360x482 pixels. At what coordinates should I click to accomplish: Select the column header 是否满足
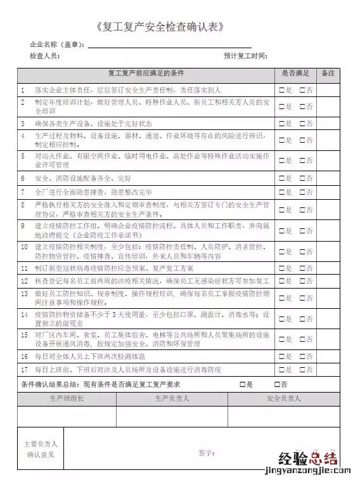(295, 74)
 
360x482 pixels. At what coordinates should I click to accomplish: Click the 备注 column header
(328, 74)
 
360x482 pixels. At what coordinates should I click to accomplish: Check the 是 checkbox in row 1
(281, 90)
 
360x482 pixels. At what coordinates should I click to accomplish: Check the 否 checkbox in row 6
(302, 179)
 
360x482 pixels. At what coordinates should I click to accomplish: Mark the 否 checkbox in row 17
(302, 369)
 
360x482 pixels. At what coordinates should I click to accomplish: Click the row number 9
(23, 225)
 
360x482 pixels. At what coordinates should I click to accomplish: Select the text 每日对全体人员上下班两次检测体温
(88, 356)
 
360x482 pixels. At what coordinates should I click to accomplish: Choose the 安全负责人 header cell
(284, 399)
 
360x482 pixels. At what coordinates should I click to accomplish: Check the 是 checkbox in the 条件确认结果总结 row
(243, 384)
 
